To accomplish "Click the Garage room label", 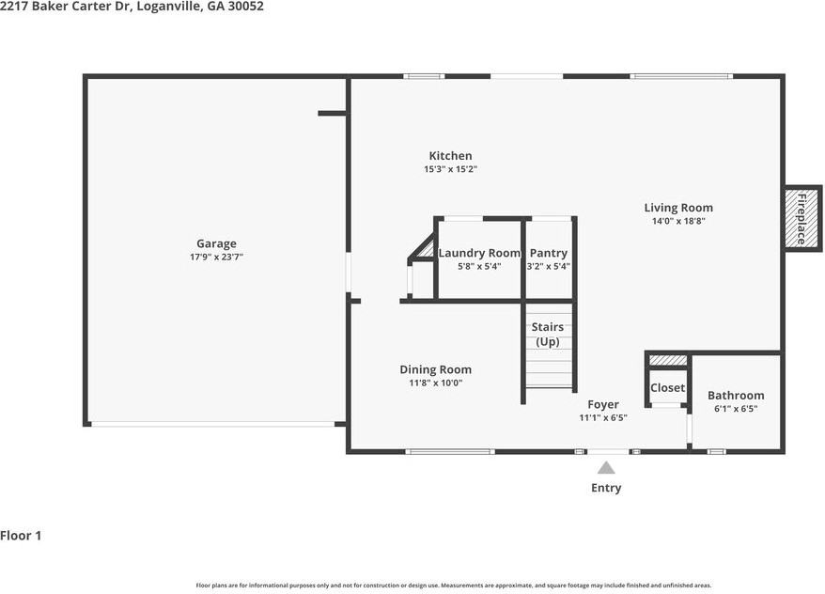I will pyautogui.click(x=216, y=243).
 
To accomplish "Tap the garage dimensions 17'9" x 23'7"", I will pyautogui.click(x=216, y=257).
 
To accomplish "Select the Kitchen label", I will pyautogui.click(x=450, y=156).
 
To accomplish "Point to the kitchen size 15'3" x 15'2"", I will pyautogui.click(x=450, y=169).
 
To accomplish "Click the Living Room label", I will pyautogui.click(x=677, y=208).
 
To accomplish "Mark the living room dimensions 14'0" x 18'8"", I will pyautogui.click(x=677, y=221).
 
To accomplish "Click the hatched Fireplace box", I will pyautogui.click(x=802, y=218).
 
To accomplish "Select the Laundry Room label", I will pyautogui.click(x=478, y=253).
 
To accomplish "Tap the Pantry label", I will pyautogui.click(x=548, y=253).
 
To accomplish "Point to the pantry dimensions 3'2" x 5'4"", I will pyautogui.click(x=548, y=266).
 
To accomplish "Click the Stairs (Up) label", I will pyautogui.click(x=548, y=334).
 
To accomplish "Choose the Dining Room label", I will pyautogui.click(x=435, y=369).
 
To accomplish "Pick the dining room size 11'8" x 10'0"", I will pyautogui.click(x=435, y=383).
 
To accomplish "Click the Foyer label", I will pyautogui.click(x=602, y=404).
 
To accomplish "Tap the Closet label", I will pyautogui.click(x=667, y=387).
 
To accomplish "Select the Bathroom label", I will pyautogui.click(x=735, y=396).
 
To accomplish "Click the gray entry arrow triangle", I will pyautogui.click(x=606, y=467).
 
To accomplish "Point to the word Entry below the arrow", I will pyautogui.click(x=605, y=488).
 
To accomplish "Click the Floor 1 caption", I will pyautogui.click(x=21, y=536).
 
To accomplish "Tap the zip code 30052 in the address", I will pyautogui.click(x=244, y=7).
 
